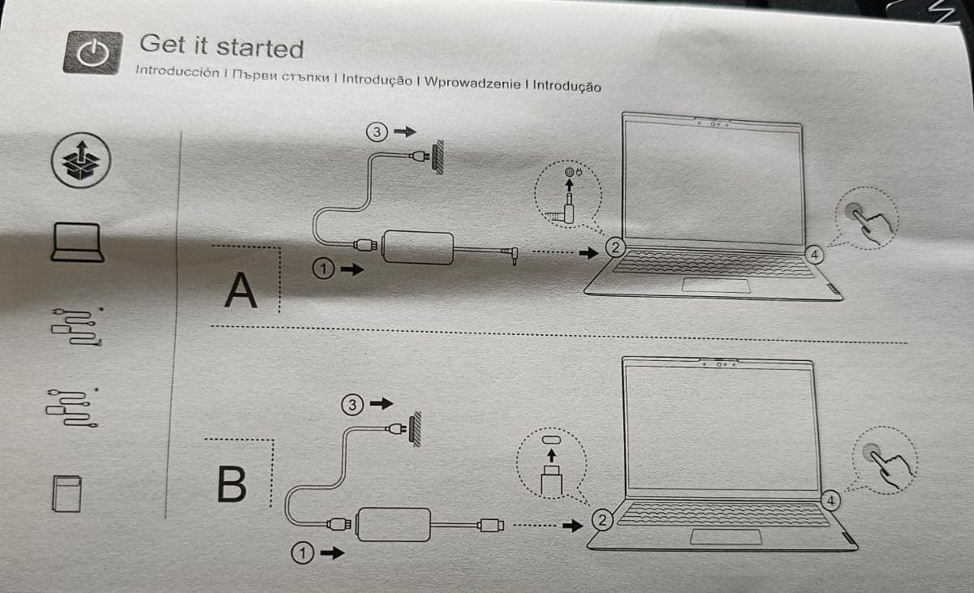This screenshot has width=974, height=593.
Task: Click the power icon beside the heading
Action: (x=93, y=54)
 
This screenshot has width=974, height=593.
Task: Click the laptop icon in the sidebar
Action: (x=76, y=243)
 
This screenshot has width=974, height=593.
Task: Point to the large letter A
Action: (x=240, y=290)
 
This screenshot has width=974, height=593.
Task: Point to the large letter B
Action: (x=231, y=483)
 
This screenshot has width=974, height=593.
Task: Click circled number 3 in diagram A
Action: (x=377, y=131)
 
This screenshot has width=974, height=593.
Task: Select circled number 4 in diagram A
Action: (x=816, y=256)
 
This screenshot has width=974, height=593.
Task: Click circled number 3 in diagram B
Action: (x=351, y=404)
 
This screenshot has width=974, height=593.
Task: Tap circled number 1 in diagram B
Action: (x=301, y=553)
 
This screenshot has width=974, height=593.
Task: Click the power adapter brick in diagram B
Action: (x=394, y=524)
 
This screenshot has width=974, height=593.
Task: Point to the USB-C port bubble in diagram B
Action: (x=552, y=460)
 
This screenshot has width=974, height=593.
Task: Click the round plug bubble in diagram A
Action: (x=568, y=196)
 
